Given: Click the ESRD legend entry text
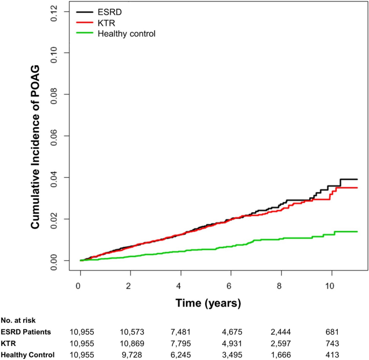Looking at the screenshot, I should pos(109,11).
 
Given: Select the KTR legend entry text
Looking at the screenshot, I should pos(106,23).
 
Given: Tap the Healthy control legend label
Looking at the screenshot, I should pos(127,34).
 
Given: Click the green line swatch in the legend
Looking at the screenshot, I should pos(85,34).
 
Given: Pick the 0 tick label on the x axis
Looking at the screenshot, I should pos(80,285).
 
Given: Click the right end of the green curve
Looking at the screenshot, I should pos(357,231).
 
